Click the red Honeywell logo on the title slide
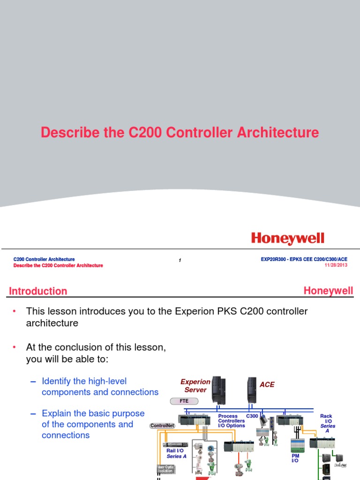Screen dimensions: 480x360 click(287, 239)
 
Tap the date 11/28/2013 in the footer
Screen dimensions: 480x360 click(336, 265)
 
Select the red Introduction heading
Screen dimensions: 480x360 click(38, 291)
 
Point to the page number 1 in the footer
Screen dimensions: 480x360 click(180, 261)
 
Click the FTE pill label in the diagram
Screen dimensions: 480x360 click(184, 401)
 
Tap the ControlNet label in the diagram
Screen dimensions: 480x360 click(162, 426)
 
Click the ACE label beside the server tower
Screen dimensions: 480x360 click(267, 385)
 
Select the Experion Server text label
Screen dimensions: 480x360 click(195, 386)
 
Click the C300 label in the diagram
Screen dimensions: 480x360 click(252, 416)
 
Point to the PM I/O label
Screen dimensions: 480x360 click(295, 457)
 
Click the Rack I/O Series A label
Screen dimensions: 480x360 click(327, 423)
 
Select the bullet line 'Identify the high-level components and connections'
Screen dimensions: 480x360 click(100, 387)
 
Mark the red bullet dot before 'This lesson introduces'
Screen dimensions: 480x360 click(15, 311)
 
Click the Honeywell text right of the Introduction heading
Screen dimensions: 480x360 click(328, 291)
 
